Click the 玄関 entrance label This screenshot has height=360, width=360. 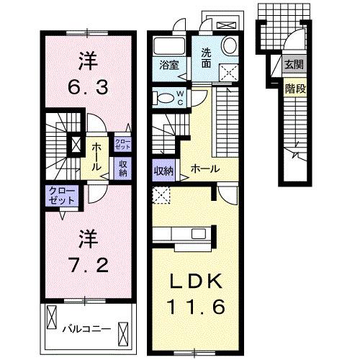pos(294,66)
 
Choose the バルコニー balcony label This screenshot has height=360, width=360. pos(86,329)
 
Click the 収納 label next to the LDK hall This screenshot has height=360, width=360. pos(163,171)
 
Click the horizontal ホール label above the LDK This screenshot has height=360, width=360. pos(204,169)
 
